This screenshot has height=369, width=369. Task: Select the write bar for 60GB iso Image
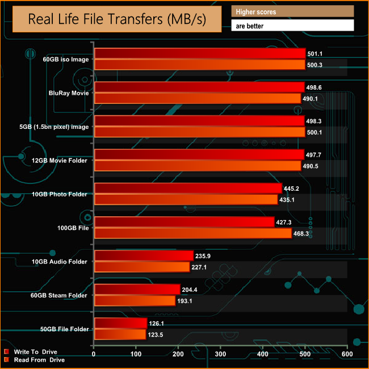pyautogui.click(x=200, y=54)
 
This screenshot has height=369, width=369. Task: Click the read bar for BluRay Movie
pyautogui.click(x=197, y=98)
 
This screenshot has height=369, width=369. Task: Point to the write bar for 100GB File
pyautogui.click(x=184, y=222)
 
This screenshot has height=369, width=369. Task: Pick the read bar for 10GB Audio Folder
pyautogui.click(x=141, y=267)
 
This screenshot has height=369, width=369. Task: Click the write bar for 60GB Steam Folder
pyautogui.click(x=137, y=289)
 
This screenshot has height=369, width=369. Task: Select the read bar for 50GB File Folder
pyautogui.click(x=120, y=334)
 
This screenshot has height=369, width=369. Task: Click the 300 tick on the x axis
pyautogui.click(x=221, y=354)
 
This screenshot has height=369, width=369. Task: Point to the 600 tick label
pyautogui.click(x=347, y=354)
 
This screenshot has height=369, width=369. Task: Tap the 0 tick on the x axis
pyautogui.click(x=94, y=354)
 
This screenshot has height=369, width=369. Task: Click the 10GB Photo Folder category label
pyautogui.click(x=65, y=194)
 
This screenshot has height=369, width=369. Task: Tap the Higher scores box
pyautogui.click(x=292, y=12)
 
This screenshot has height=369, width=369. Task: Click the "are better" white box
pyautogui.click(x=292, y=26)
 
